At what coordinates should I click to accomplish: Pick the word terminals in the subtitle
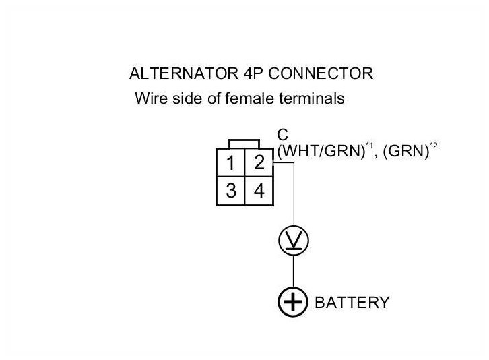pos(313,98)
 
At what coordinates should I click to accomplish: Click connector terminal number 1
pos(230,163)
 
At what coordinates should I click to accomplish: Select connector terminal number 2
pos(258,163)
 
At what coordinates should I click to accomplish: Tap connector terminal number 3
pos(230,191)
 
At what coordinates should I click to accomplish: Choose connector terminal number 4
pos(258,191)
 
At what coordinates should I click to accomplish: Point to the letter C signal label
pos(283,134)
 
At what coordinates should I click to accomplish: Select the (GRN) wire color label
pos(406,152)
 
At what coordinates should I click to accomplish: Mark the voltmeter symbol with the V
pos(293,241)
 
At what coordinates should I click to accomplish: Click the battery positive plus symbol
pos(293,302)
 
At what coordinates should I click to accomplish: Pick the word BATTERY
pos(352,303)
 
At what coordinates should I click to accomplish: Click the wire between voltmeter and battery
pos(293,271)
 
